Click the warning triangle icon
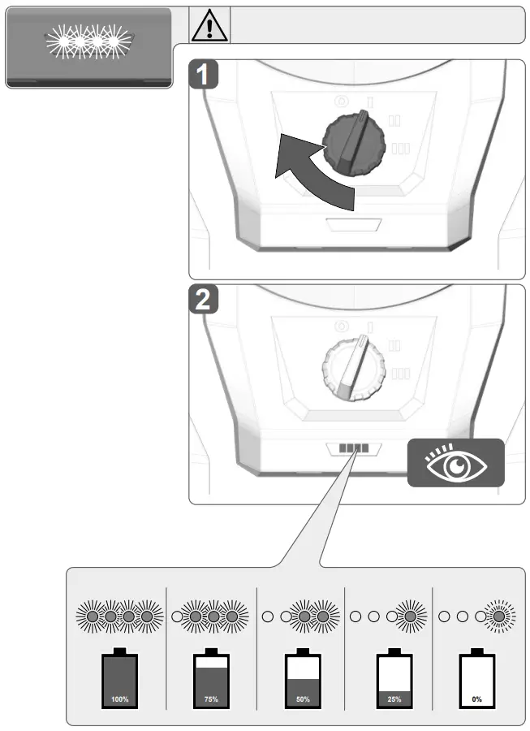(210, 25)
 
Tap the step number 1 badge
(208, 76)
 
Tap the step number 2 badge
(208, 301)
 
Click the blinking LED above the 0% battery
(498, 616)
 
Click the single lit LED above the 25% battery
(410, 616)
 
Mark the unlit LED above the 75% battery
(177, 616)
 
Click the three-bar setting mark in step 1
(400, 148)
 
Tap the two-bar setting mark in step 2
(395, 344)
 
